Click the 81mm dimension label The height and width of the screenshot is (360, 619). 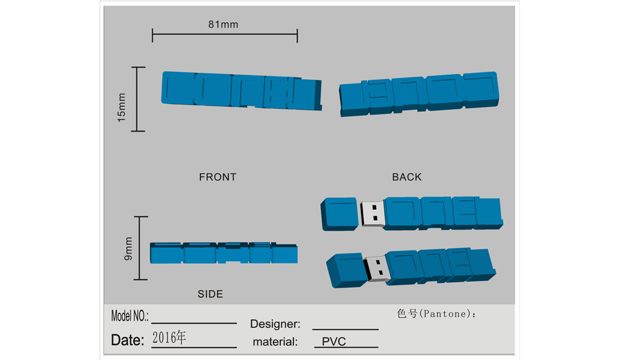[x=223, y=25]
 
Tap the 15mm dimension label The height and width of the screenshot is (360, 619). [x=121, y=107]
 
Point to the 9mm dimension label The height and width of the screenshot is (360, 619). [x=128, y=249]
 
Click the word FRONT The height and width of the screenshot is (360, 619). [x=217, y=177]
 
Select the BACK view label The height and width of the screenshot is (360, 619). [x=407, y=177]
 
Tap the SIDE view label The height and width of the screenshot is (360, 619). [x=210, y=294]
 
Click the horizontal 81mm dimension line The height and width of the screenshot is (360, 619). [x=225, y=35]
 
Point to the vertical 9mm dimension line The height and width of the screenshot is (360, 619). [x=141, y=248]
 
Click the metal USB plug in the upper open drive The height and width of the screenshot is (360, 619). [x=372, y=213]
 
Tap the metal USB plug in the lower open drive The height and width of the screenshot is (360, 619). [x=377, y=269]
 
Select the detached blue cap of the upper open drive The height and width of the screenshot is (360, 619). [x=339, y=214]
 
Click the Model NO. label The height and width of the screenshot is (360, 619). [x=130, y=316]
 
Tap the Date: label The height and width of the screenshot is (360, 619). [x=128, y=340]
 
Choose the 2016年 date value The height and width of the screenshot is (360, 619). [x=169, y=338]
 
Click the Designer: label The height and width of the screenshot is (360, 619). [x=275, y=324]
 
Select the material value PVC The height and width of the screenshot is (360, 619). [x=334, y=341]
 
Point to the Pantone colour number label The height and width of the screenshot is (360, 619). [x=436, y=314]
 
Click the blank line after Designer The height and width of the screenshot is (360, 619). [x=345, y=329]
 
